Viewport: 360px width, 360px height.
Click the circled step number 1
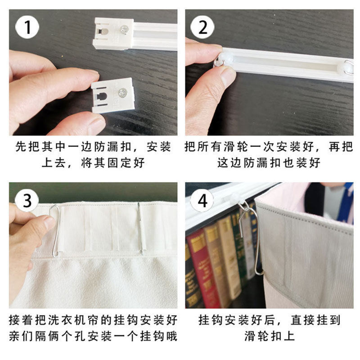[x=27, y=27]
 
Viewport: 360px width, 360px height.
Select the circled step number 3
[x=27, y=201]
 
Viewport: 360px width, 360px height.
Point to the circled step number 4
[x=202, y=201]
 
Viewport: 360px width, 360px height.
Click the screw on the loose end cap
[x=122, y=93]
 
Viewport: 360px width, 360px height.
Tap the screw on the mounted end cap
[x=124, y=30]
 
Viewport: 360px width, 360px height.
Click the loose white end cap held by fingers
[x=112, y=95]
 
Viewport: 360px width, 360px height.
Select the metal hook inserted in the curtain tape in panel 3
[x=141, y=228]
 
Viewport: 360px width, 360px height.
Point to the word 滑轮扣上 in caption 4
[x=270, y=336]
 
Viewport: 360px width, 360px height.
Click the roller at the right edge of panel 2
[x=346, y=67]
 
